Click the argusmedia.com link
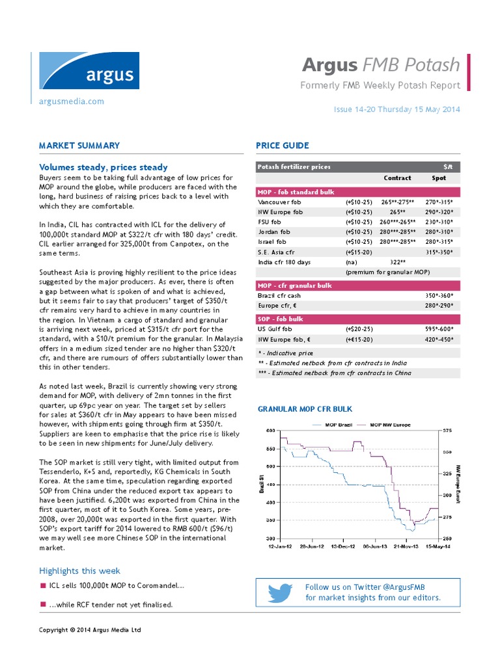[72, 101]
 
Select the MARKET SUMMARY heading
[79, 146]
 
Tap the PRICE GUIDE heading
[282, 146]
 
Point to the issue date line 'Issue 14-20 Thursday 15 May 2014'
[396, 109]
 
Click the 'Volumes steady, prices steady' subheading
[103, 167]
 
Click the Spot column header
[439, 178]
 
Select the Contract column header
[397, 178]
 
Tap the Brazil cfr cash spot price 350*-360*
[439, 295]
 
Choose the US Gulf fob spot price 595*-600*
[439, 330]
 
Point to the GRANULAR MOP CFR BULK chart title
[305, 409]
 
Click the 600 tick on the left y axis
[271, 431]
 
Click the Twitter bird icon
[280, 593]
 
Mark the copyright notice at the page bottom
[90, 630]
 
